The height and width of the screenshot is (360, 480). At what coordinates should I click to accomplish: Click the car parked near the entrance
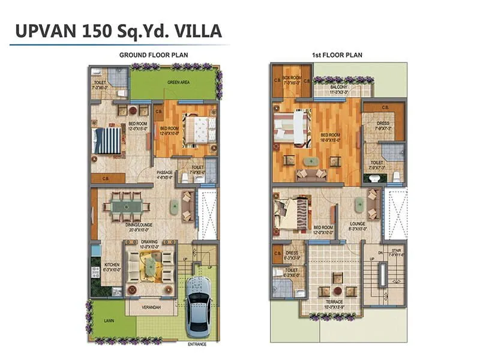tap(198, 307)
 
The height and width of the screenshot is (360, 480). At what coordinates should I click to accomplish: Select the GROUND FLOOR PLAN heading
tap(154, 55)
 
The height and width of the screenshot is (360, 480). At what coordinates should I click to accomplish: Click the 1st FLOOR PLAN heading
tap(337, 55)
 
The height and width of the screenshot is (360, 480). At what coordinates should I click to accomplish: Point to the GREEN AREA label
tap(179, 83)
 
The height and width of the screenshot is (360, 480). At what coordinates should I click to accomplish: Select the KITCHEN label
tap(112, 265)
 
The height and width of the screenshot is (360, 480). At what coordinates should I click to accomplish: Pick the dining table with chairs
tap(127, 207)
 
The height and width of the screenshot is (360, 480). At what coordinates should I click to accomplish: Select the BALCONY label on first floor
tap(338, 88)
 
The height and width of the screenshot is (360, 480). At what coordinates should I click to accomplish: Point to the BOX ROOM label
tap(291, 77)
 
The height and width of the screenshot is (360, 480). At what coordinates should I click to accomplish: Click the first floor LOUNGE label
tap(357, 223)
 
